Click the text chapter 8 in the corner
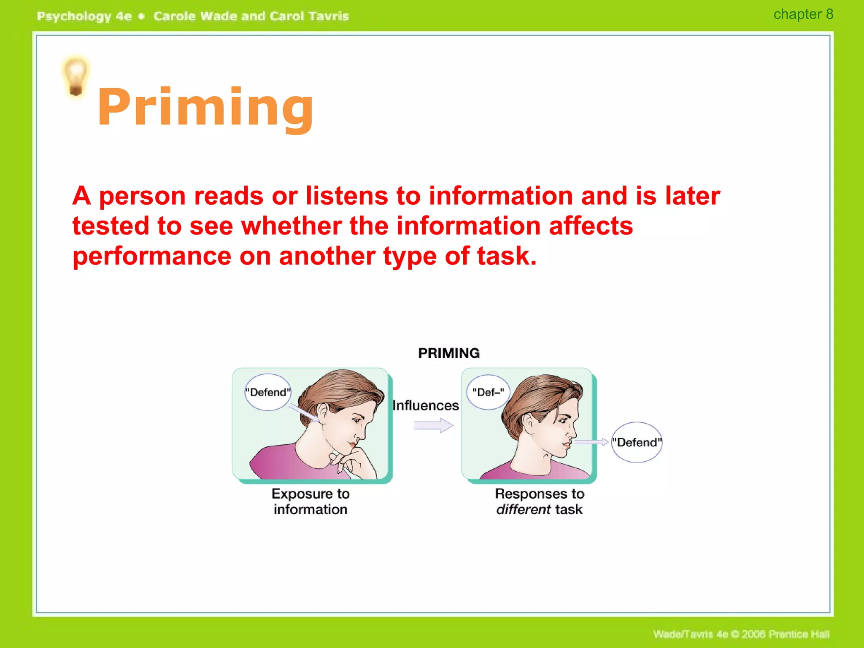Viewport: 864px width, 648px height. [x=803, y=14]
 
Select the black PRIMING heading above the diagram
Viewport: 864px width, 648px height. [x=448, y=353]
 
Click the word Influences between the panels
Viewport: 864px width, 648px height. [x=425, y=405]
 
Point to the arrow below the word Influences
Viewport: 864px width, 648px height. [x=433, y=425]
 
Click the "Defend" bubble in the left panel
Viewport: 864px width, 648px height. [x=268, y=392]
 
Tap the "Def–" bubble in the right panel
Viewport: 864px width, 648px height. [x=488, y=392]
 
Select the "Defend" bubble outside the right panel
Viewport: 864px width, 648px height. [x=637, y=443]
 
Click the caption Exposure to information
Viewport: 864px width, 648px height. [x=310, y=502]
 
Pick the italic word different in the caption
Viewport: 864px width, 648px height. [x=523, y=510]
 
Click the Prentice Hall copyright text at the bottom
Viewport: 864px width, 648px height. [x=741, y=634]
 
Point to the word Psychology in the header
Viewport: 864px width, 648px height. [x=74, y=16]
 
